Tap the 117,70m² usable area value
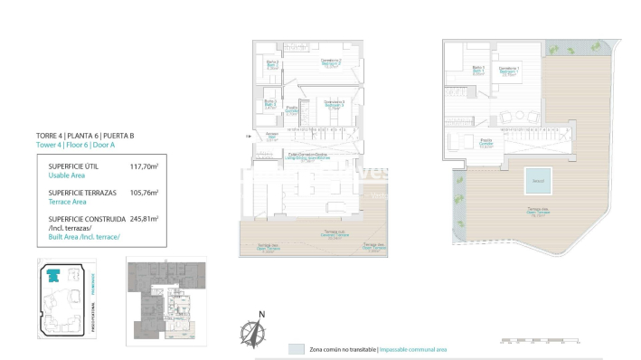(144, 166)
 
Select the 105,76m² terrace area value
(144, 192)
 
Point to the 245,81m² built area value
(144, 218)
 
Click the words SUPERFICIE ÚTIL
(73, 166)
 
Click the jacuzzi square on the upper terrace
(537, 181)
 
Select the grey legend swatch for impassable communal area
(296, 348)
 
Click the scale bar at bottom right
(538, 343)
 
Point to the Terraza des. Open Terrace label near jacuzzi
(540, 213)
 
